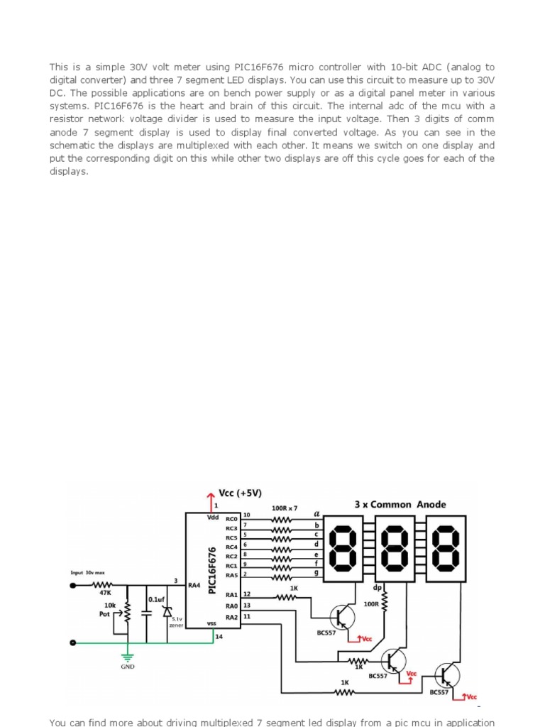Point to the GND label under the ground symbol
[x=128, y=667]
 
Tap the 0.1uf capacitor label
[x=156, y=599]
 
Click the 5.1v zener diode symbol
[x=167, y=611]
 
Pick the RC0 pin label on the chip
[x=231, y=519]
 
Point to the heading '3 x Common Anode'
[x=400, y=504]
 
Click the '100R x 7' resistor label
[x=285, y=508]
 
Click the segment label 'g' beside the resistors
[x=316, y=573]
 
